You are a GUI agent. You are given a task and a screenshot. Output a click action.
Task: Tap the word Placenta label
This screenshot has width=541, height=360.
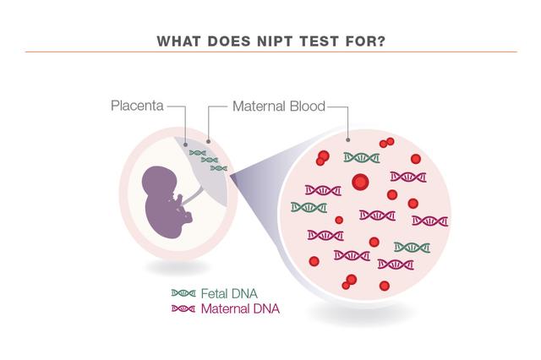(137, 106)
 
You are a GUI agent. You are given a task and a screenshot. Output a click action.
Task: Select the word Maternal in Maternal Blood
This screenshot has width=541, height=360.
(260, 106)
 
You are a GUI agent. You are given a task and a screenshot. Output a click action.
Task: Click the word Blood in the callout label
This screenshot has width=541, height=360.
(308, 106)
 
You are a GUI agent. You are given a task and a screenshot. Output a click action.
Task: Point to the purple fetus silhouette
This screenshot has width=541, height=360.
(165, 203)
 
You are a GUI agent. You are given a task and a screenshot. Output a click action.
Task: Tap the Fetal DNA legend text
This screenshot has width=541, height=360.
(229, 294)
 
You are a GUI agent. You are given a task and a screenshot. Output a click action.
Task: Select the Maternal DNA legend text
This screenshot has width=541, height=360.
(240, 308)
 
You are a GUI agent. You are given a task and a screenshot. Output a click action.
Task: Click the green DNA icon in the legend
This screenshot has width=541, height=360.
(183, 293)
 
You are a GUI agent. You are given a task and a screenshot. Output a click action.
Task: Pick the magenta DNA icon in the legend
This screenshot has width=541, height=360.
(183, 308)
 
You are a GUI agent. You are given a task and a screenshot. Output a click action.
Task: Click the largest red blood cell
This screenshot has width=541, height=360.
(361, 182)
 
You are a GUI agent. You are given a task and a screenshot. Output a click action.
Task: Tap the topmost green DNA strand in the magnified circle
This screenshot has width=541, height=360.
(362, 158)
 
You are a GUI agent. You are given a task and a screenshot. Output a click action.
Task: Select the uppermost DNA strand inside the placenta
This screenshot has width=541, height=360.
(198, 153)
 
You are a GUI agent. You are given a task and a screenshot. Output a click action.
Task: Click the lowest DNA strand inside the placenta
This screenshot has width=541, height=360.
(219, 168)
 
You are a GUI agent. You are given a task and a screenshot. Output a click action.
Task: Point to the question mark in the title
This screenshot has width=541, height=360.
(380, 41)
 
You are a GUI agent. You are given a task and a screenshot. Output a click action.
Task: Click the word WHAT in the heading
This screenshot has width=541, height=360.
(178, 41)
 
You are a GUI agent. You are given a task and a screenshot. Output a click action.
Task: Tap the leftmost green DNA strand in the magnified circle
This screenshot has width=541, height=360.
(309, 207)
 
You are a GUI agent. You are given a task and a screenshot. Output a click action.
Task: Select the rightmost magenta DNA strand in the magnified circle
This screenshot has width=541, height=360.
(430, 221)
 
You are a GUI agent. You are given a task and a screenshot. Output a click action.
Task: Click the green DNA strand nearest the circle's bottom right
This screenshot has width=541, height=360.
(413, 248)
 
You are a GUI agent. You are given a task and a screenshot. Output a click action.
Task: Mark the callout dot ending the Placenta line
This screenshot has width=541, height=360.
(186, 145)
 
